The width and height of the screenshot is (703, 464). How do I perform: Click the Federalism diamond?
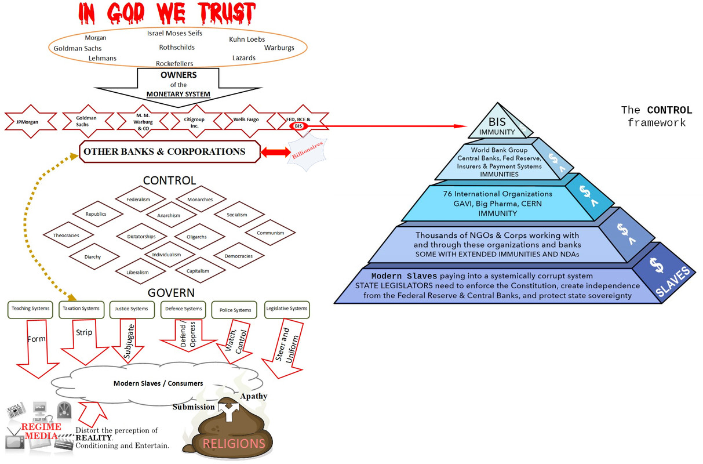[x=138, y=200]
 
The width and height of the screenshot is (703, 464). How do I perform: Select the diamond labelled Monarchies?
[x=200, y=200]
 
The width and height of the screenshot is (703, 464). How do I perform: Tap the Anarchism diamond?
[x=169, y=215]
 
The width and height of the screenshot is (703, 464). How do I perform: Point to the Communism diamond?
[x=271, y=233]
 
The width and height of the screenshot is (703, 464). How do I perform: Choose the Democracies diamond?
[x=238, y=256]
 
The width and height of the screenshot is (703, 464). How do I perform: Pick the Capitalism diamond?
[x=198, y=271]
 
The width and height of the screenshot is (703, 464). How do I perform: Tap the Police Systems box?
[x=235, y=310]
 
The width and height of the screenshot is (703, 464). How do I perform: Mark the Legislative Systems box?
[x=286, y=309]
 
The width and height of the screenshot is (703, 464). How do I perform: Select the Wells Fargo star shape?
[x=246, y=120]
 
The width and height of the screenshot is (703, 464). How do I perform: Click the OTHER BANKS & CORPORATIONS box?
[x=164, y=152]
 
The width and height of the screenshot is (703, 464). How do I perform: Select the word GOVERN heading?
[x=171, y=293]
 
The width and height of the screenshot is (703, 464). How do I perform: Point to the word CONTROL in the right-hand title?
[x=669, y=110]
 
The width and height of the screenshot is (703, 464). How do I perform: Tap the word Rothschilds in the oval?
[x=177, y=48]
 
